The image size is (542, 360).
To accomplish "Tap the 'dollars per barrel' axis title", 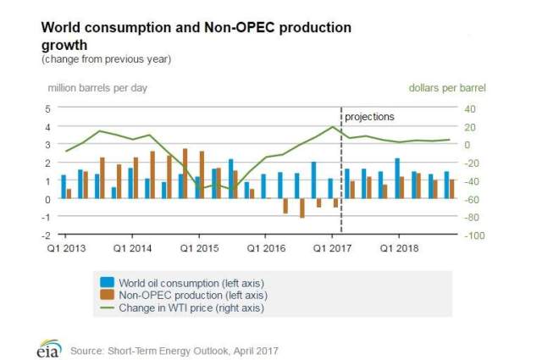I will (447, 87).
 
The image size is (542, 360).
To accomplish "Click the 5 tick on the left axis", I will (47, 108).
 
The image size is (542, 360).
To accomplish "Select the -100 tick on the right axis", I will (473, 235).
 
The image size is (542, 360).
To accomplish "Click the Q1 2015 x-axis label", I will (196, 249).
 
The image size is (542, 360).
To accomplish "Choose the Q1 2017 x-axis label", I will (331, 249).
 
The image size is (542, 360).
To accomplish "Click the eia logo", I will (49, 347).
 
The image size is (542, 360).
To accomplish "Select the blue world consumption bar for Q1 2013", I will (63, 187).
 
